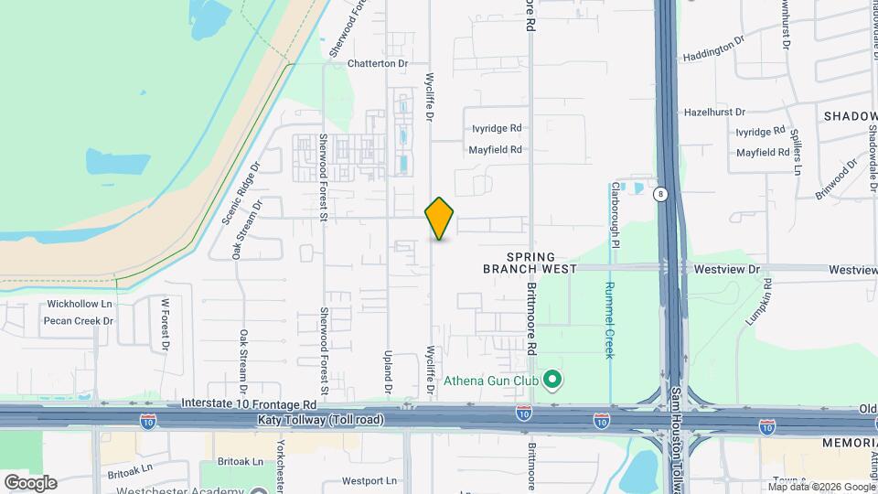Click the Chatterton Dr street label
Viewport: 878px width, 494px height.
pos(378,64)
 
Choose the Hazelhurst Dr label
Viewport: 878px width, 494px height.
pos(715,113)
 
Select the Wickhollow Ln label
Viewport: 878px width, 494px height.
pos(80,304)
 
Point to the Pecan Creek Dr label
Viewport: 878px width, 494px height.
pos(79,321)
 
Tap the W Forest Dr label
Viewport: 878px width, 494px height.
pos(166,324)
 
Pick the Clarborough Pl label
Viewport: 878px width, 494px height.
pos(616,215)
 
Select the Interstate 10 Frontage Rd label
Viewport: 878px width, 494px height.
pos(249,403)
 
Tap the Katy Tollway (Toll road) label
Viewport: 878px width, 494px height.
pos(324,421)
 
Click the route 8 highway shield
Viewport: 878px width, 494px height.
pos(659,194)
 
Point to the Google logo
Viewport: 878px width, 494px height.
pos(30,483)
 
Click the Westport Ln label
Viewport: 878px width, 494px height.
pos(369,480)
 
